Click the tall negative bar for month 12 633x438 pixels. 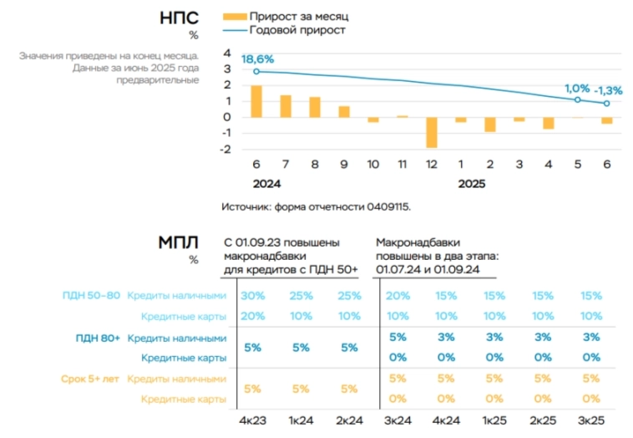[x=431, y=132]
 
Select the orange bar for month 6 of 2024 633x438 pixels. [x=256, y=101]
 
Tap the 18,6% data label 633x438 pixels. [x=257, y=59]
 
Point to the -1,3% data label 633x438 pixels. [x=608, y=90]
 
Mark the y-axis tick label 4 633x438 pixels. [x=226, y=53]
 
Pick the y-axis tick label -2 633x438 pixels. [x=225, y=149]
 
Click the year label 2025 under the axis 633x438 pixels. [x=471, y=184]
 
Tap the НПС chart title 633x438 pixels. [x=179, y=18]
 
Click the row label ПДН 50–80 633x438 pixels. [x=91, y=296]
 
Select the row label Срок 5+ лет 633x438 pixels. [x=90, y=379]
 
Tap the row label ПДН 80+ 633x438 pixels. [x=98, y=338]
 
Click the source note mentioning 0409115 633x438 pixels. [x=316, y=206]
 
